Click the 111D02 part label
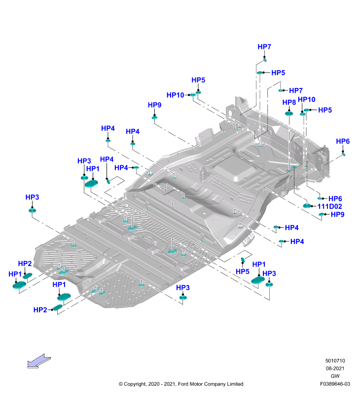point(329,206)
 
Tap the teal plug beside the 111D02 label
point(307,205)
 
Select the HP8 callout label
point(289,102)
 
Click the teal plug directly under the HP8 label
point(289,114)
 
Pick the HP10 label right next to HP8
point(306,99)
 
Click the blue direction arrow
point(39,361)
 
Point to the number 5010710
point(335,361)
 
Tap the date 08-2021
point(335,368)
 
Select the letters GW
point(335,376)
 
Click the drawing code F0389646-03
point(335,384)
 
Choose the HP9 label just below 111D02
point(337,214)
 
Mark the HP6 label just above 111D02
point(335,198)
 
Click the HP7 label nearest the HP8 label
point(295,90)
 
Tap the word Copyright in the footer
point(135,384)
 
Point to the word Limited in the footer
point(235,384)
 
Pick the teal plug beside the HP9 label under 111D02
point(321,214)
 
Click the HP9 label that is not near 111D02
point(154,105)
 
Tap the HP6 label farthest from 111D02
point(343,141)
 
